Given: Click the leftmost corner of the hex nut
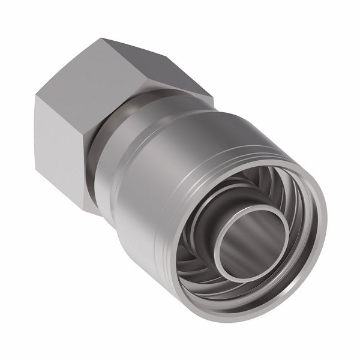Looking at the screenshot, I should (x=34, y=99).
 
